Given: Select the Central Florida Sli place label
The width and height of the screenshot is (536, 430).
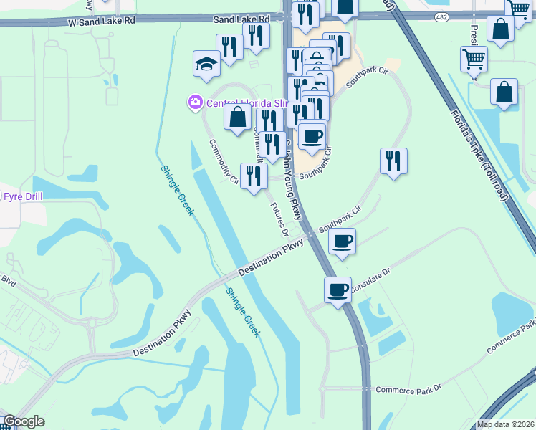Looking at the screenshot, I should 247,103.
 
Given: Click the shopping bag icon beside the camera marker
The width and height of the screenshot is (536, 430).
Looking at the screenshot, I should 237,117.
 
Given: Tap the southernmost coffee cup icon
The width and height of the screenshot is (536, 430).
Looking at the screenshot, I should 338,290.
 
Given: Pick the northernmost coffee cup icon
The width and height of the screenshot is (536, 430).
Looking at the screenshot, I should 312,135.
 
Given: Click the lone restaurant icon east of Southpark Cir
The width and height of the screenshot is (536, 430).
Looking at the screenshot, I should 393,161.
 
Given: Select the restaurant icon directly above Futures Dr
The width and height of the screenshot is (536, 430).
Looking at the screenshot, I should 253,176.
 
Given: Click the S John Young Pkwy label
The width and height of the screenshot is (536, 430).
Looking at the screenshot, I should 291,179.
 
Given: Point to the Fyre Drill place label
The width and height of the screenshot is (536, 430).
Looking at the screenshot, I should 24,196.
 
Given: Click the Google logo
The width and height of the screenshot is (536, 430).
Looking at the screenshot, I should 24,421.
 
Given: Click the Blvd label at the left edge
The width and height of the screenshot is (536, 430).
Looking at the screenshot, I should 8,280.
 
